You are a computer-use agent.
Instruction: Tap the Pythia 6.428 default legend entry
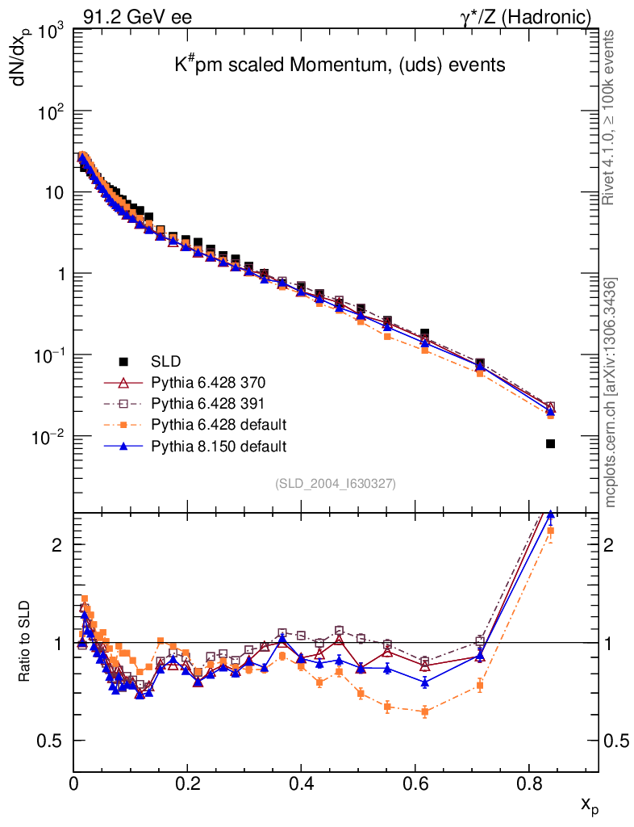[219, 424]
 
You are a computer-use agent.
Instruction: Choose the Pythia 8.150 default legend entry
[219, 445]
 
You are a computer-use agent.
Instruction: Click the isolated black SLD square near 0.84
[550, 443]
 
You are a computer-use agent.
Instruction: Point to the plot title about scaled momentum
[340, 65]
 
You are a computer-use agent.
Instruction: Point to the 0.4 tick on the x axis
[301, 782]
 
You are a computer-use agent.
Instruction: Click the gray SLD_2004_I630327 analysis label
[335, 484]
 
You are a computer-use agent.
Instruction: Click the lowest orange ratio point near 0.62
[425, 712]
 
